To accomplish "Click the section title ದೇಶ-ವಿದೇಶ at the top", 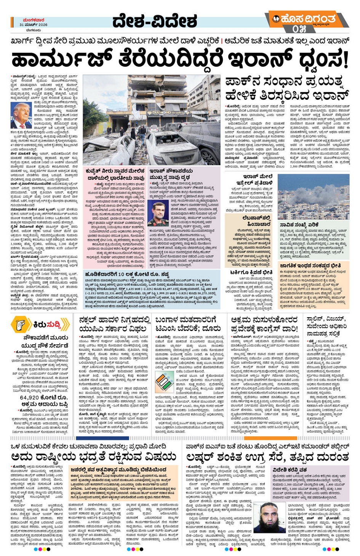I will [154, 21].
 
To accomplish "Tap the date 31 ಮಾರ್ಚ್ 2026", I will [34, 24].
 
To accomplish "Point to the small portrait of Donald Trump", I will [21, 116].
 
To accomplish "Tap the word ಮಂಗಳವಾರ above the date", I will [34, 19].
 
